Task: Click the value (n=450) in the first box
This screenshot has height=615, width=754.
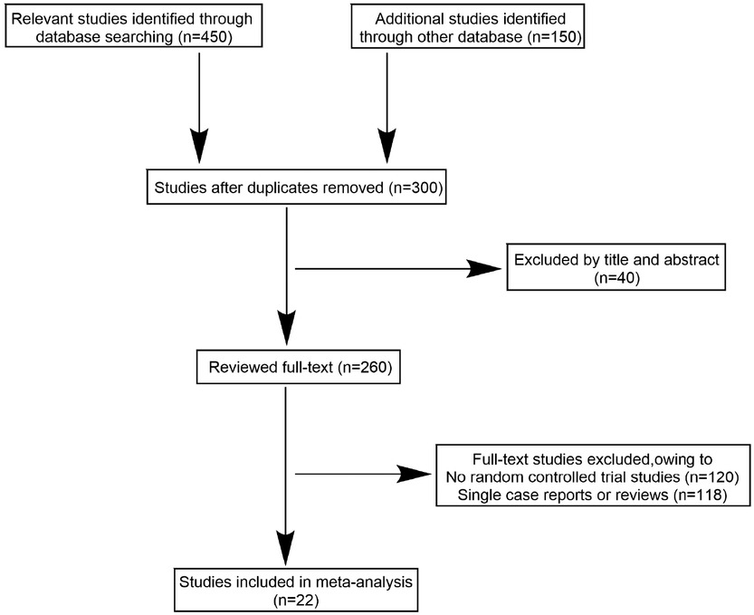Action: click(x=215, y=38)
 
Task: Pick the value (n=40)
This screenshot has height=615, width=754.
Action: click(x=617, y=279)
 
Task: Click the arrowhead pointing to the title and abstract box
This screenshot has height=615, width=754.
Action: click(x=483, y=268)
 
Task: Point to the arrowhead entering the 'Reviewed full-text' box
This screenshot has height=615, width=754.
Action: click(x=286, y=329)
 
